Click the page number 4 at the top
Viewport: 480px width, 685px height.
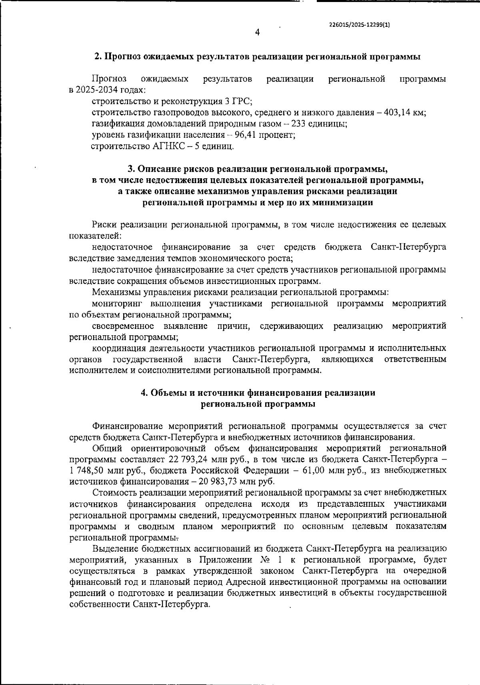[x=257, y=32]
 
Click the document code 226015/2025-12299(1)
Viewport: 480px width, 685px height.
[x=359, y=24]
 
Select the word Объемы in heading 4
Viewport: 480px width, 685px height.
[x=165, y=393]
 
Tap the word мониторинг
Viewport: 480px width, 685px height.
[x=116, y=304]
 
